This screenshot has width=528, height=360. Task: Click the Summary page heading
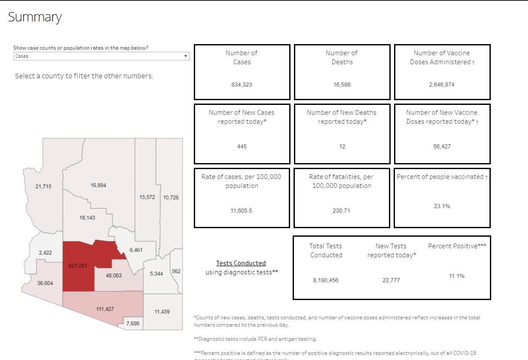coord(35,17)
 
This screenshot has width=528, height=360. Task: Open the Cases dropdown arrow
coord(185,56)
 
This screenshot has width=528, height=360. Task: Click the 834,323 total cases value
coord(242,85)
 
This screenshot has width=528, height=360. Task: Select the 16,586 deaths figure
coord(342,85)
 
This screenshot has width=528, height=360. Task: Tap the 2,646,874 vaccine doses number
coord(442,85)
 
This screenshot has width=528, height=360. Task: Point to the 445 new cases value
coord(242,146)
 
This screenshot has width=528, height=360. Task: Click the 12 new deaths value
coord(342,146)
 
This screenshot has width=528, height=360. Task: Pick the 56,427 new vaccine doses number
coord(442,146)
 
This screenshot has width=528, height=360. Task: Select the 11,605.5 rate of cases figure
coord(242,211)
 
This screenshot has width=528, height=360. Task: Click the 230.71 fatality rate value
coord(342,211)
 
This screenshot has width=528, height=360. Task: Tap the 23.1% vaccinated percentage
coord(442,206)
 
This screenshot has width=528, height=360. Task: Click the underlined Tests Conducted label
coord(241,263)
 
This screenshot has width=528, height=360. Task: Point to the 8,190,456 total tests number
coord(326,280)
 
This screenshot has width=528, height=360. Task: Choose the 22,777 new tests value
coord(391,280)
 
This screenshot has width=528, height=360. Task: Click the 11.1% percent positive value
coord(457,276)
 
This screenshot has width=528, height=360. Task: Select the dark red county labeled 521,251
coord(78,266)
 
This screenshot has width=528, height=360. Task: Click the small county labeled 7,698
coord(133,324)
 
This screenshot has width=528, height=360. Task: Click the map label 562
coord(176,271)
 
